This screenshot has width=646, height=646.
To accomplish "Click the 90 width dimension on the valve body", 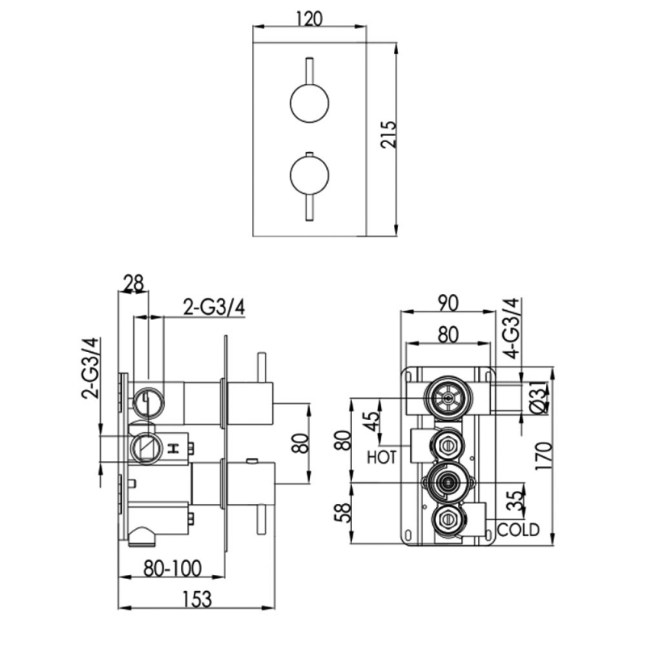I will (448, 303).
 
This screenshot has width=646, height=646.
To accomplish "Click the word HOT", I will (382, 458).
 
